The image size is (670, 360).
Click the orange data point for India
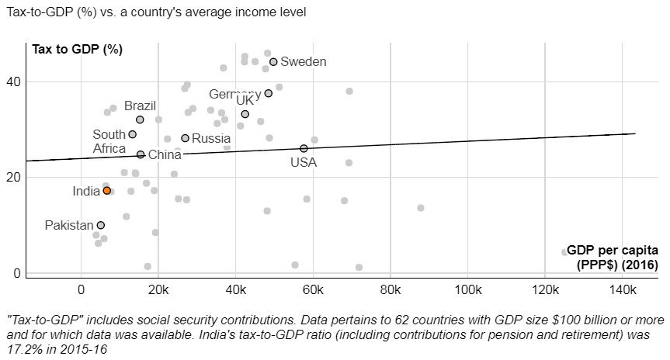[106, 190]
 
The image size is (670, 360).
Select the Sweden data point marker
[273, 61]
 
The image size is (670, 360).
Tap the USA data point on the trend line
[304, 148]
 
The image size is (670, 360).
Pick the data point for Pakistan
[101, 225]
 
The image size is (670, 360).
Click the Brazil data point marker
[140, 119]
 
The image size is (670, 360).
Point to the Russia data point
[185, 138]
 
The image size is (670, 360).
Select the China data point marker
[141, 154]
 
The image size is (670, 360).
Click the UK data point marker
[245, 114]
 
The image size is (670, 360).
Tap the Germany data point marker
[269, 93]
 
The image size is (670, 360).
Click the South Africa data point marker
[132, 134]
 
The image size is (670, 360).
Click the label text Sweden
[304, 62]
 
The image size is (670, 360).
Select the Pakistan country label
[69, 226]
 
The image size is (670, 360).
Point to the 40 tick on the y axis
[16, 81]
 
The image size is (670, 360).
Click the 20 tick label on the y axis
[16, 177]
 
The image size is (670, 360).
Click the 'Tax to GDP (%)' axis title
[78, 50]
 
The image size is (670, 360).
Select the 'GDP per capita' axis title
[613, 251]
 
